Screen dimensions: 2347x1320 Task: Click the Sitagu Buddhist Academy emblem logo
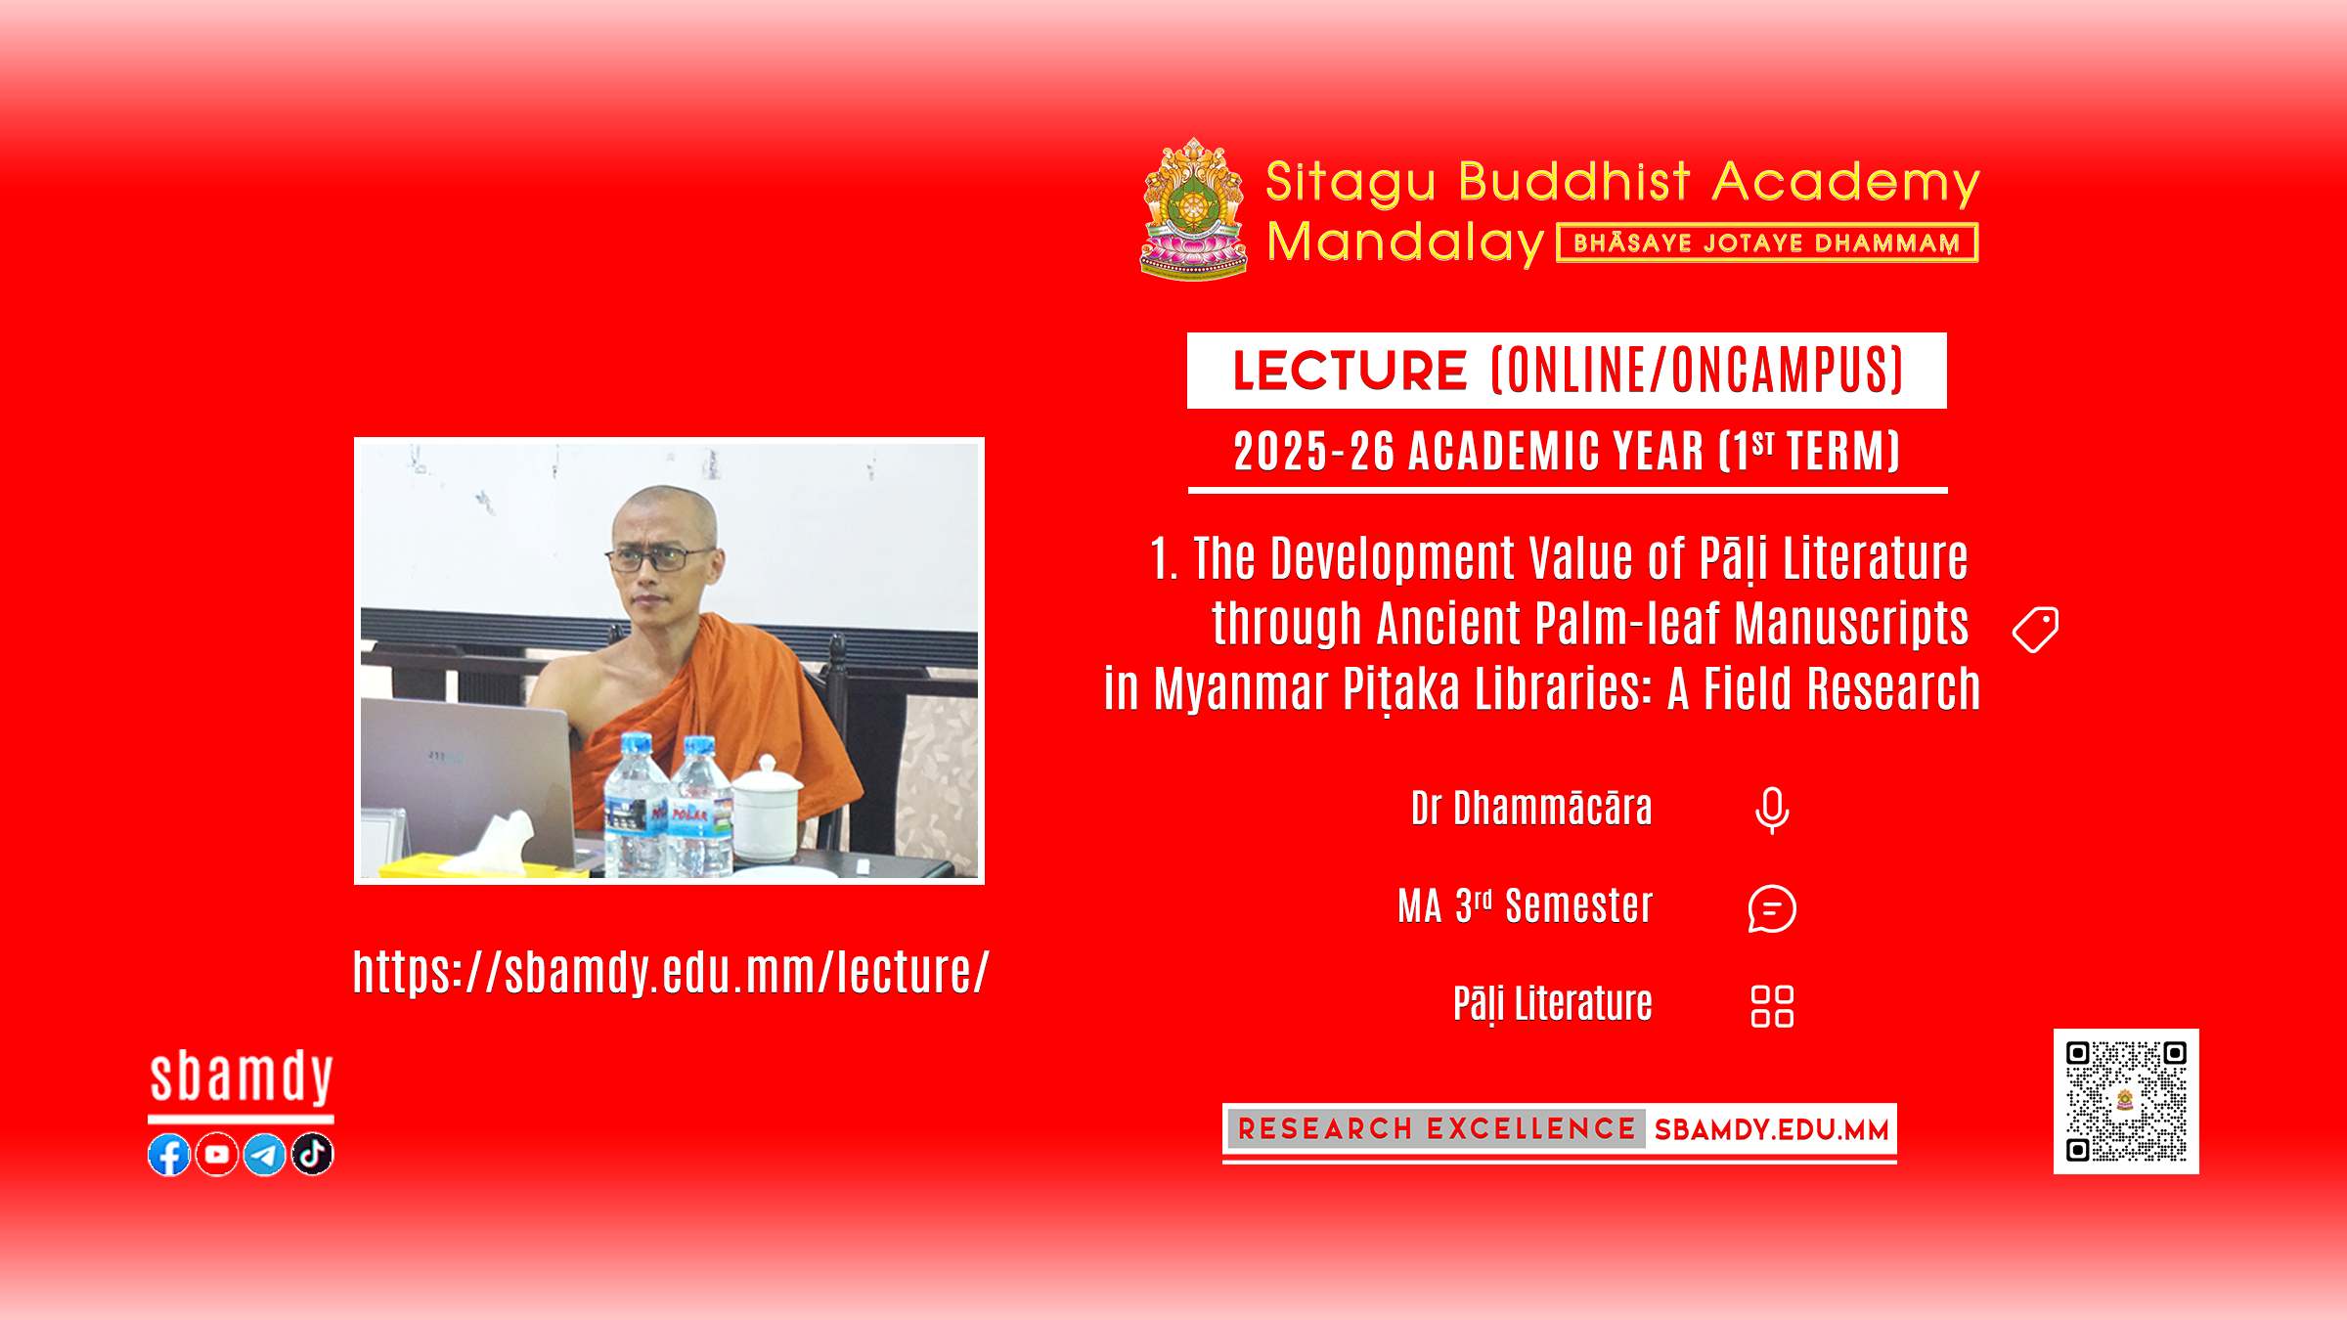[1194, 208]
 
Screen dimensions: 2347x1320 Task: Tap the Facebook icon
[169, 1155]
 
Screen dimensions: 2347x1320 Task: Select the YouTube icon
[217, 1155]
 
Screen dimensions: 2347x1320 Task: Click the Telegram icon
[265, 1155]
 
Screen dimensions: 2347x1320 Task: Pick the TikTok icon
[313, 1155]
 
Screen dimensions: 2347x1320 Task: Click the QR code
[2126, 1101]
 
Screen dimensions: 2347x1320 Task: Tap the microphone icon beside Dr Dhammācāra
[1772, 811]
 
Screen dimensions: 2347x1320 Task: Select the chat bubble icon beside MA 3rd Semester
[1772, 908]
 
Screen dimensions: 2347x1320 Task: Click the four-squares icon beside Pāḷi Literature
[1772, 1006]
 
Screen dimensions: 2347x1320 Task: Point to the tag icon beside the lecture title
[2036, 630]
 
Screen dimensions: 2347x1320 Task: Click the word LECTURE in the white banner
[1350, 371]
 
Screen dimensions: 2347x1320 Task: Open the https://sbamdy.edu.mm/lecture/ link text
[671, 972]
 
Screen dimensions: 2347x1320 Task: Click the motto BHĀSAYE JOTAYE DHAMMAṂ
[1767, 243]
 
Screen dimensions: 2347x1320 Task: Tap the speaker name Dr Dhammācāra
[1531, 809]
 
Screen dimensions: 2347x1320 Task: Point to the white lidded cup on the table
[767, 809]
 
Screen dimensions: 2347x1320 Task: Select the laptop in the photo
[469, 782]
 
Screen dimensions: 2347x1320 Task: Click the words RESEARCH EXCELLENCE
[1437, 1129]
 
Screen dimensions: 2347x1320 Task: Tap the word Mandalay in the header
[1405, 242]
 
